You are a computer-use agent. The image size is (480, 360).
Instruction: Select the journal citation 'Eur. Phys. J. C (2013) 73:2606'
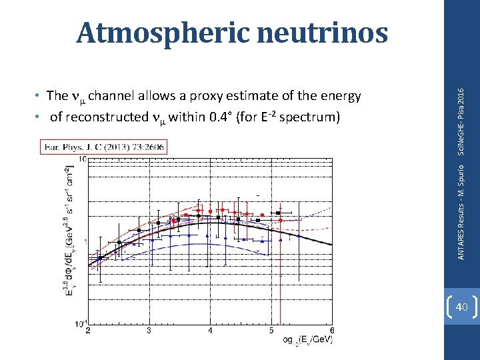[105, 146]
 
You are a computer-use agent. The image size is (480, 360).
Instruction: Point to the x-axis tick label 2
[89, 330]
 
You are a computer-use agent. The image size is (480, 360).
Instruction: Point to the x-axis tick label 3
[149, 330]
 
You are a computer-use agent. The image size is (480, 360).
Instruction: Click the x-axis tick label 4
[211, 330]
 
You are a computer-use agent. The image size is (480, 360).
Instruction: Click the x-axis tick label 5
[271, 330]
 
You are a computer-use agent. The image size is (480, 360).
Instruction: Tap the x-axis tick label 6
[331, 330]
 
